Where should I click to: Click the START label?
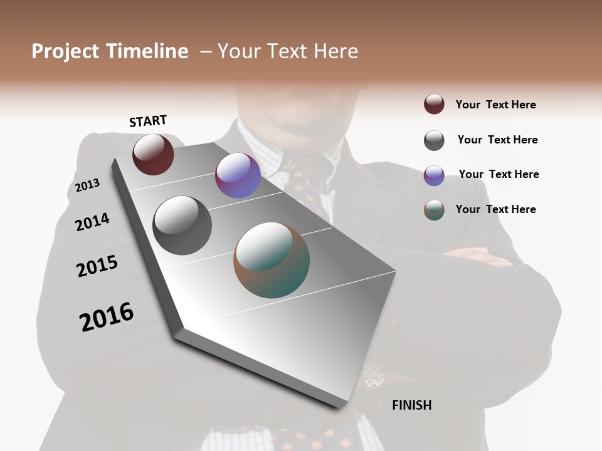(x=148, y=121)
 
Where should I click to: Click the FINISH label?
(x=411, y=405)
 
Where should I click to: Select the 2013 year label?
(x=87, y=185)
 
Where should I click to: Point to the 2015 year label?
(x=97, y=266)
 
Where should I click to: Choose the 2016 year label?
(x=107, y=317)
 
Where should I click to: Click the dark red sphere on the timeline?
(x=153, y=155)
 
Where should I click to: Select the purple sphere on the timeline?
(x=238, y=175)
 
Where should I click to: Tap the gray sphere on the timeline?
(x=182, y=225)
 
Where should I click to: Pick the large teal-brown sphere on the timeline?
(x=272, y=260)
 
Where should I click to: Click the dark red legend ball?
(x=434, y=104)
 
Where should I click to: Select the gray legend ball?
(x=434, y=140)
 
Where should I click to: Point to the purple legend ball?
(x=434, y=175)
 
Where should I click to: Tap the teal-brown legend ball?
(x=434, y=210)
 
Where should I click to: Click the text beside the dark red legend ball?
(x=495, y=105)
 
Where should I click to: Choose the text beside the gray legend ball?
(x=497, y=140)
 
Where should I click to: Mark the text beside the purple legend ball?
(x=499, y=174)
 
